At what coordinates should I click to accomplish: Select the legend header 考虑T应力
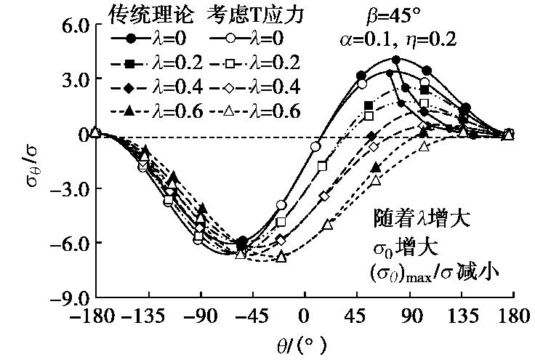(x=247, y=12)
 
